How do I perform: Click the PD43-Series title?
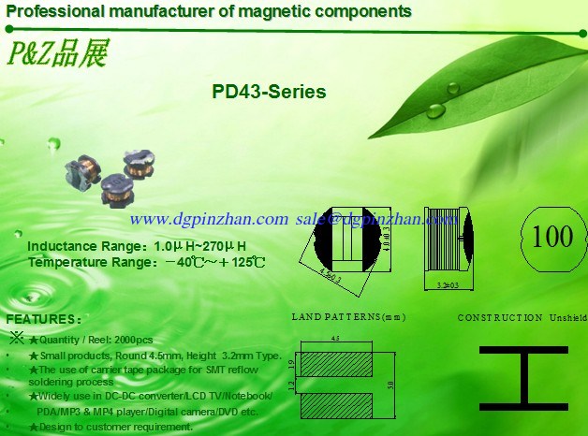269,93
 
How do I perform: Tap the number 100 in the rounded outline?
551,236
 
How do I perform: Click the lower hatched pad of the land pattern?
335,404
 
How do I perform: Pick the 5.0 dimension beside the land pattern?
390,385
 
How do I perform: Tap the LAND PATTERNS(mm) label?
348,317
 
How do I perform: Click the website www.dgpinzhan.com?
209,218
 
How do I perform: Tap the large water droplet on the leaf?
436,109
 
